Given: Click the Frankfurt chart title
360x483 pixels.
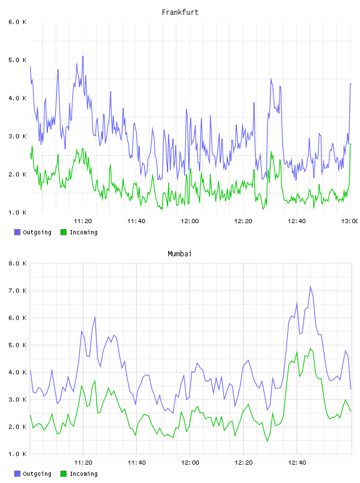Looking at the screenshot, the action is coord(180,12).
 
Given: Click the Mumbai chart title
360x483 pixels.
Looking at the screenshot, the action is coord(179,254).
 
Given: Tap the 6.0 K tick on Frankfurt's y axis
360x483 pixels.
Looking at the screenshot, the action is coord(18,22).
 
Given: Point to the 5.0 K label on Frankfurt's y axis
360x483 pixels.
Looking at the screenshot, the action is coord(18,60).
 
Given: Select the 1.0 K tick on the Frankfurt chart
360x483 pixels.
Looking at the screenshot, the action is coord(18,212).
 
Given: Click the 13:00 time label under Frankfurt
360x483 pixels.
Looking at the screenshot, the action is coord(350,221).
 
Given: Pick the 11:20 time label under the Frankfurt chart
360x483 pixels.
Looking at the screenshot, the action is coord(83,221).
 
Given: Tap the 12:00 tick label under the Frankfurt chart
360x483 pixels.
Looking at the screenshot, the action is coord(189,221).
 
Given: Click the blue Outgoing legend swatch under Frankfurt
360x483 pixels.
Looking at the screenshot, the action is coord(17,232).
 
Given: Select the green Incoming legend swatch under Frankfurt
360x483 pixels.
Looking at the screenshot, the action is coord(63,232).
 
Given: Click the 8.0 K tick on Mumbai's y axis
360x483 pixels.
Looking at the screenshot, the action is coord(18,263).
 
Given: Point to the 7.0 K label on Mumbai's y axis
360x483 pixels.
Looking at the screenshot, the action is coord(18,291).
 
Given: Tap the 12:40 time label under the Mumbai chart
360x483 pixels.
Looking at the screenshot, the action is coord(297,463).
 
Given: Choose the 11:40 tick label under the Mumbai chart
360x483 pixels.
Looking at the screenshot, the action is coord(137,463).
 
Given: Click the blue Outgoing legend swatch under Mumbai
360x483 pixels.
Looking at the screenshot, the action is coord(17,474).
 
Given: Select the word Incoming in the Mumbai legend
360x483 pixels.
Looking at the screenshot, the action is coord(83,474).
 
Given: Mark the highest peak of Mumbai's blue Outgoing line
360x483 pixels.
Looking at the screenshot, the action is coord(310,286).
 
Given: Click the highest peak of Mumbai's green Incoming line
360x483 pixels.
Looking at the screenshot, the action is coord(310,349).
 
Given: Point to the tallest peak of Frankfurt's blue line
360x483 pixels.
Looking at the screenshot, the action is coord(83,56).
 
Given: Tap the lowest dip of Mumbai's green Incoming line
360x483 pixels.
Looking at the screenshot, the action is coord(267,442).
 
